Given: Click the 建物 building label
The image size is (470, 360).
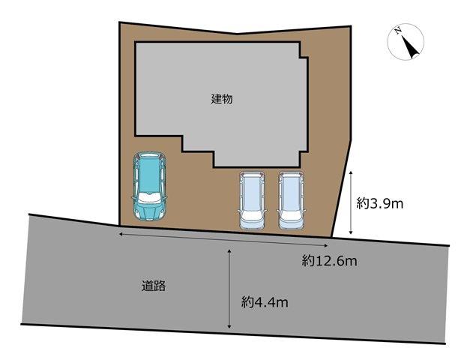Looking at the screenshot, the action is click(222, 99).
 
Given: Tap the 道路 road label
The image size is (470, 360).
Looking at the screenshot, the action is click(154, 286).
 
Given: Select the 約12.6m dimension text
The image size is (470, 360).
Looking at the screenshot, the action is click(329, 261).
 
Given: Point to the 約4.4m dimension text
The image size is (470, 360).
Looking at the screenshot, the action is click(265, 302).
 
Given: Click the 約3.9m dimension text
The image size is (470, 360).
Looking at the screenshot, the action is click(380, 204).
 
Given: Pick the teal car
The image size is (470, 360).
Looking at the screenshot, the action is click(149, 186).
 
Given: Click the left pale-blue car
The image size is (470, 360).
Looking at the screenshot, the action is click(252, 200).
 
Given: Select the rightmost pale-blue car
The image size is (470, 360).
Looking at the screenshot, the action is click(291, 200).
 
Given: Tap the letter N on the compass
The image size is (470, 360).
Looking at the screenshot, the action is click(398, 31).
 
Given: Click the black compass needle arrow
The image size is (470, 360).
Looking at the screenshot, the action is click(410, 47).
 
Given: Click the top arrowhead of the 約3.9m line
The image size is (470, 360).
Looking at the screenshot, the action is click(351, 173).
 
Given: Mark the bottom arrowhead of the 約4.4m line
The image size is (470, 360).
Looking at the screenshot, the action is click(229, 326).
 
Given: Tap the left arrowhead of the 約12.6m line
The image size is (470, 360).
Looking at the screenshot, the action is click(121, 234).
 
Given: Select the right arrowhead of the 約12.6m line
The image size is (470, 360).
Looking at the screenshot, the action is click(325, 246).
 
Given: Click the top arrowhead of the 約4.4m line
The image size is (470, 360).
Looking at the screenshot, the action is click(229, 250).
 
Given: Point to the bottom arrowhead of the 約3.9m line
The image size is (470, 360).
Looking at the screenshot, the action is click(351, 232).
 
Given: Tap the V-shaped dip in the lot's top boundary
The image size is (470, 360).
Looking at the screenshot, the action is click(237, 34).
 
